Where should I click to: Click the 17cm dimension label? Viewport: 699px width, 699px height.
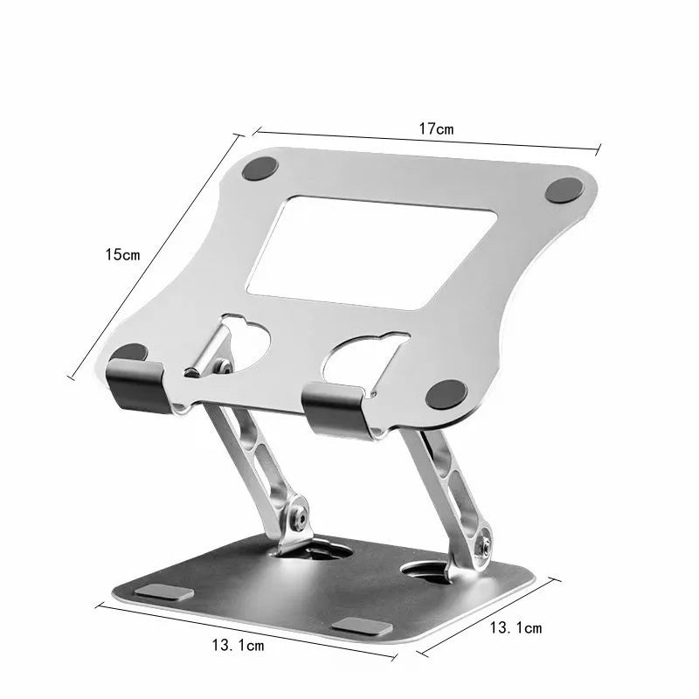coord(435,128)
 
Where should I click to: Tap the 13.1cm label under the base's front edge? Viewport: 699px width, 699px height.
coord(238,646)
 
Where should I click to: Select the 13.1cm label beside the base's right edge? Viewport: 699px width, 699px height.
coord(516,627)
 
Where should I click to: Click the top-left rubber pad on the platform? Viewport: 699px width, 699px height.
coord(260,169)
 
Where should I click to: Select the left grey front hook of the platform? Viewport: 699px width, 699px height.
coord(137,384)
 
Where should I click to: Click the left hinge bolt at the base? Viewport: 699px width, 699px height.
coord(301,517)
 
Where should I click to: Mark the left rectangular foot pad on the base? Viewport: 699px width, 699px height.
coord(164,592)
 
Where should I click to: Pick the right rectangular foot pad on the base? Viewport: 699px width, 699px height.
coord(358,626)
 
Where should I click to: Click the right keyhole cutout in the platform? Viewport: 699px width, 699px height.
coord(367,354)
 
